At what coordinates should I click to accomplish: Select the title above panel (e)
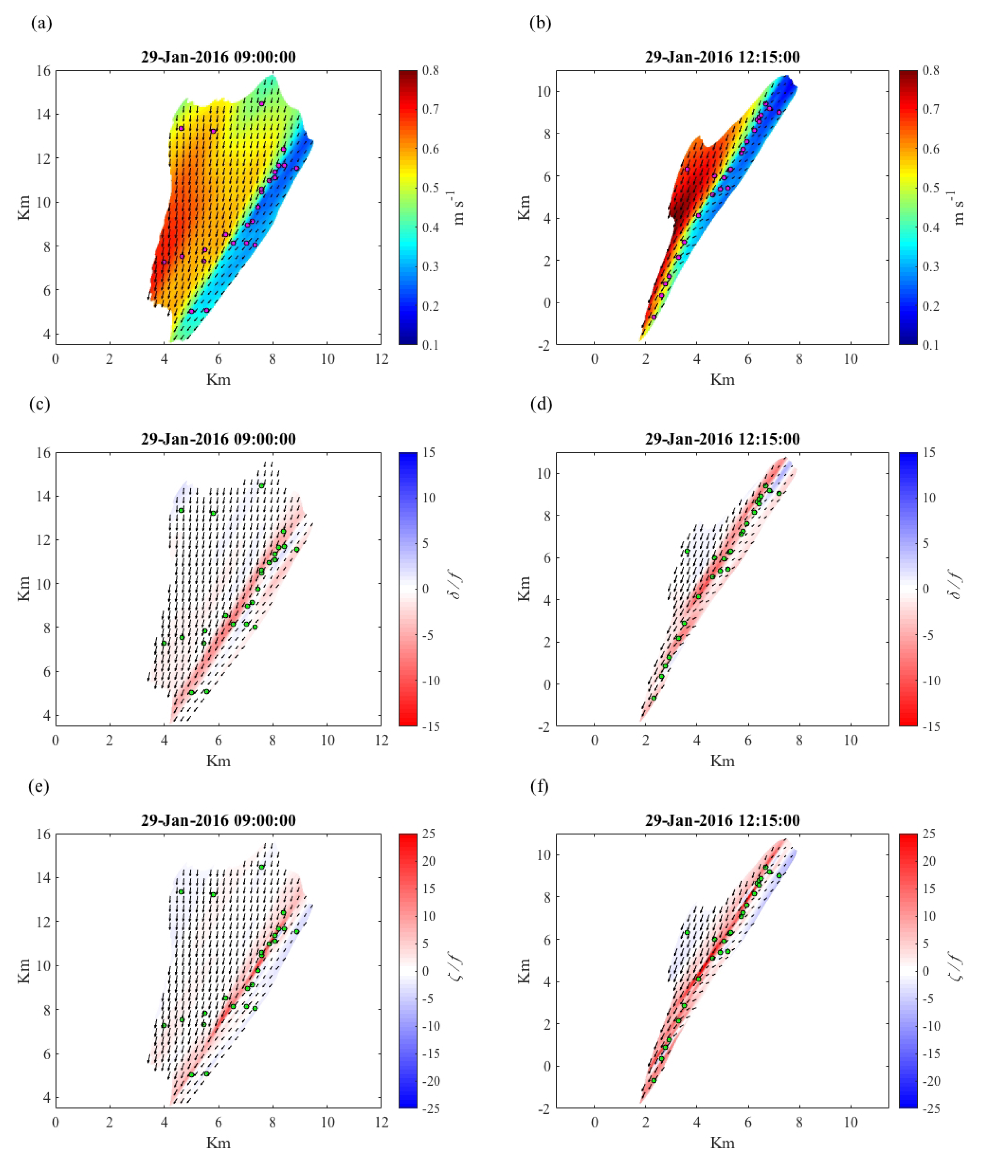point(218,820)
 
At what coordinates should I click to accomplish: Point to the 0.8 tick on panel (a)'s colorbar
point(431,71)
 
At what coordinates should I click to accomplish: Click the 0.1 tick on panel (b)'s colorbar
point(931,345)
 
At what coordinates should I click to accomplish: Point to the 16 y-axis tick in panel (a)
point(43,71)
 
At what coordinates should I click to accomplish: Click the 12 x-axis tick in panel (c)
point(381,740)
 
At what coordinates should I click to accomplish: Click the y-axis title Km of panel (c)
point(24,589)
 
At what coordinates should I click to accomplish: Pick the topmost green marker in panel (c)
point(261,486)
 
